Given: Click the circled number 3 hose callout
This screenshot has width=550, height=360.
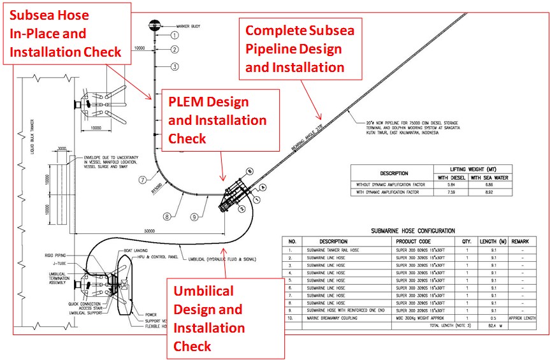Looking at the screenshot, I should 174,66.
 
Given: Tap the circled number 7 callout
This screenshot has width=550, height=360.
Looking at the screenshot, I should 143,180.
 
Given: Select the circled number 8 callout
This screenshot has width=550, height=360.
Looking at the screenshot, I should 166,217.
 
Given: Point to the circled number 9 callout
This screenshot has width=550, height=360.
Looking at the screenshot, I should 194,217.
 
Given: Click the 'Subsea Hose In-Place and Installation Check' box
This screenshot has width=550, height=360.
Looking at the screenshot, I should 67,33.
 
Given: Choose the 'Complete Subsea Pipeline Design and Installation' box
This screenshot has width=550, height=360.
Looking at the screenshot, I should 300,48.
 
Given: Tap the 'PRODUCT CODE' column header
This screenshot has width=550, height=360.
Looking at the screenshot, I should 413,242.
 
